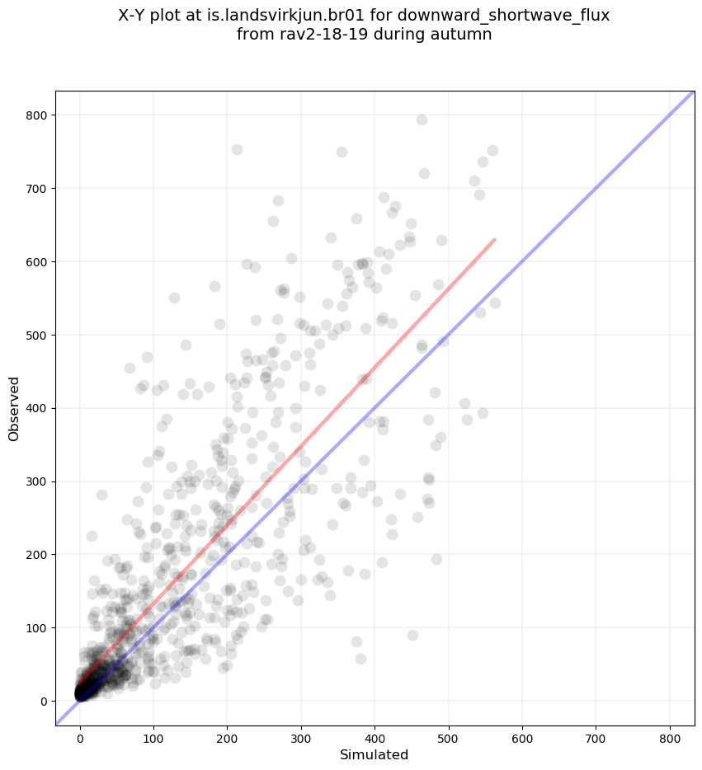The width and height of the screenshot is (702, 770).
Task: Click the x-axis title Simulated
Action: (375, 754)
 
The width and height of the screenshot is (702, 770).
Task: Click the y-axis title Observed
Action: (14, 408)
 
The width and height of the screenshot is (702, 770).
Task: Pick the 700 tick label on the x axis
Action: (596, 730)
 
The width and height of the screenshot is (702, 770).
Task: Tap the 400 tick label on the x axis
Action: (375, 730)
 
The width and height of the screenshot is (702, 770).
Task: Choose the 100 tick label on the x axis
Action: (153, 730)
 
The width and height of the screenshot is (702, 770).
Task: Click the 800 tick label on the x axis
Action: (669, 730)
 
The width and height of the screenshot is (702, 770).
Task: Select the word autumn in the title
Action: (464, 35)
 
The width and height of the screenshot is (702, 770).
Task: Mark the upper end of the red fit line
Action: (494, 240)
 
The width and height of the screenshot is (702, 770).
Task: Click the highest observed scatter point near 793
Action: (422, 120)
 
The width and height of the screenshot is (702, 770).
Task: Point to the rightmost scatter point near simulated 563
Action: (495, 303)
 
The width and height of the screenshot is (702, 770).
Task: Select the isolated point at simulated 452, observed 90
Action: (412, 635)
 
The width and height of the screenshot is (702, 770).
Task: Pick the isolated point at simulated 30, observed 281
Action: (101, 495)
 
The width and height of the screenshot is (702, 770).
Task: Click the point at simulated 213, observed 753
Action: (237, 149)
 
